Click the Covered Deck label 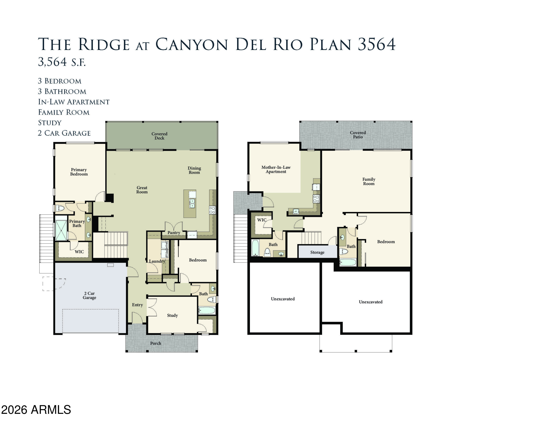click(159, 136)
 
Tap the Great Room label click(142, 190)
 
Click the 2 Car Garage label click(90, 296)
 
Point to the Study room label click(172, 315)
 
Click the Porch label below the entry click(156, 343)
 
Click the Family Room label click(369, 181)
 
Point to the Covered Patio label click(358, 135)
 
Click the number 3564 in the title click(377, 44)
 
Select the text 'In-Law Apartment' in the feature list click(74, 102)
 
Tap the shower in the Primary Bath click(61, 231)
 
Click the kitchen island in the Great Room click(190, 204)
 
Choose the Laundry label click(157, 261)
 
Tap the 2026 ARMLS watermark click(36, 410)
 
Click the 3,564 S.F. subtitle click(62, 62)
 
